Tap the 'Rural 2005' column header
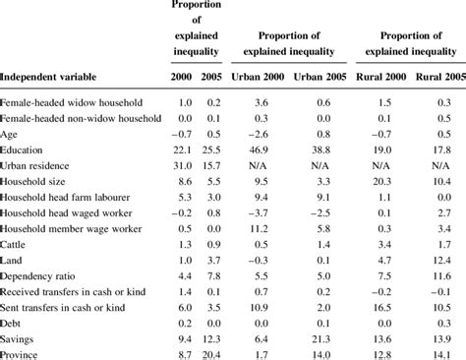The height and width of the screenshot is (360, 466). point(438,76)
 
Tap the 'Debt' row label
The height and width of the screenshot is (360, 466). point(15,321)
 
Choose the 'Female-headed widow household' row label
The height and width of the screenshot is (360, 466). point(72,102)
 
